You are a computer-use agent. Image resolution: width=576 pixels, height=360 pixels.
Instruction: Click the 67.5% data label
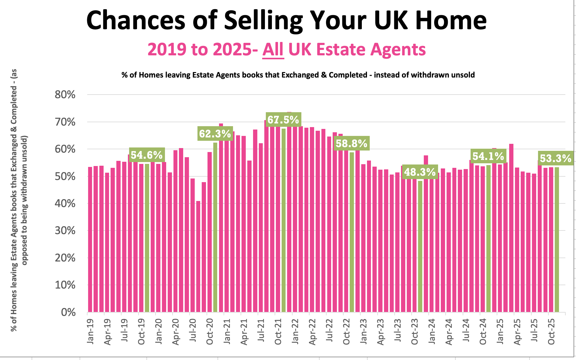(283, 119)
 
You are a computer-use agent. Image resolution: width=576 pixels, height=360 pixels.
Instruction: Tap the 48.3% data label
(420, 172)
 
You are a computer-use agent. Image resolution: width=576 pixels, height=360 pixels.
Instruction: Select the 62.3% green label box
(215, 133)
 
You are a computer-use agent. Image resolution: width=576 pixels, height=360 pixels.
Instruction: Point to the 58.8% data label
(351, 143)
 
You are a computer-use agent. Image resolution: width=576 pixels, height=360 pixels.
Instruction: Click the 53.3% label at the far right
(556, 158)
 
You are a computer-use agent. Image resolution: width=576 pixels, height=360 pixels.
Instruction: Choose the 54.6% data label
(147, 155)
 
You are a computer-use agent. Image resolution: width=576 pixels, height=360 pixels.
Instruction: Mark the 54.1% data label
(488, 156)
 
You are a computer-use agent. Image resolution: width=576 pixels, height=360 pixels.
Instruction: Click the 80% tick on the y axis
(65, 95)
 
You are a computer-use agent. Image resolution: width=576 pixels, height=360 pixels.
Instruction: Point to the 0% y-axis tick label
(68, 312)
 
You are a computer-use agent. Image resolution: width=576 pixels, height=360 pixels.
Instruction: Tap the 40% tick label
(65, 203)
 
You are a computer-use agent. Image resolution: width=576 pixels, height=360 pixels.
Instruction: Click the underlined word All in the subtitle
(273, 49)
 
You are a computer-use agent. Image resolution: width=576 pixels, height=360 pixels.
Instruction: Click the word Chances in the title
(136, 20)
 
